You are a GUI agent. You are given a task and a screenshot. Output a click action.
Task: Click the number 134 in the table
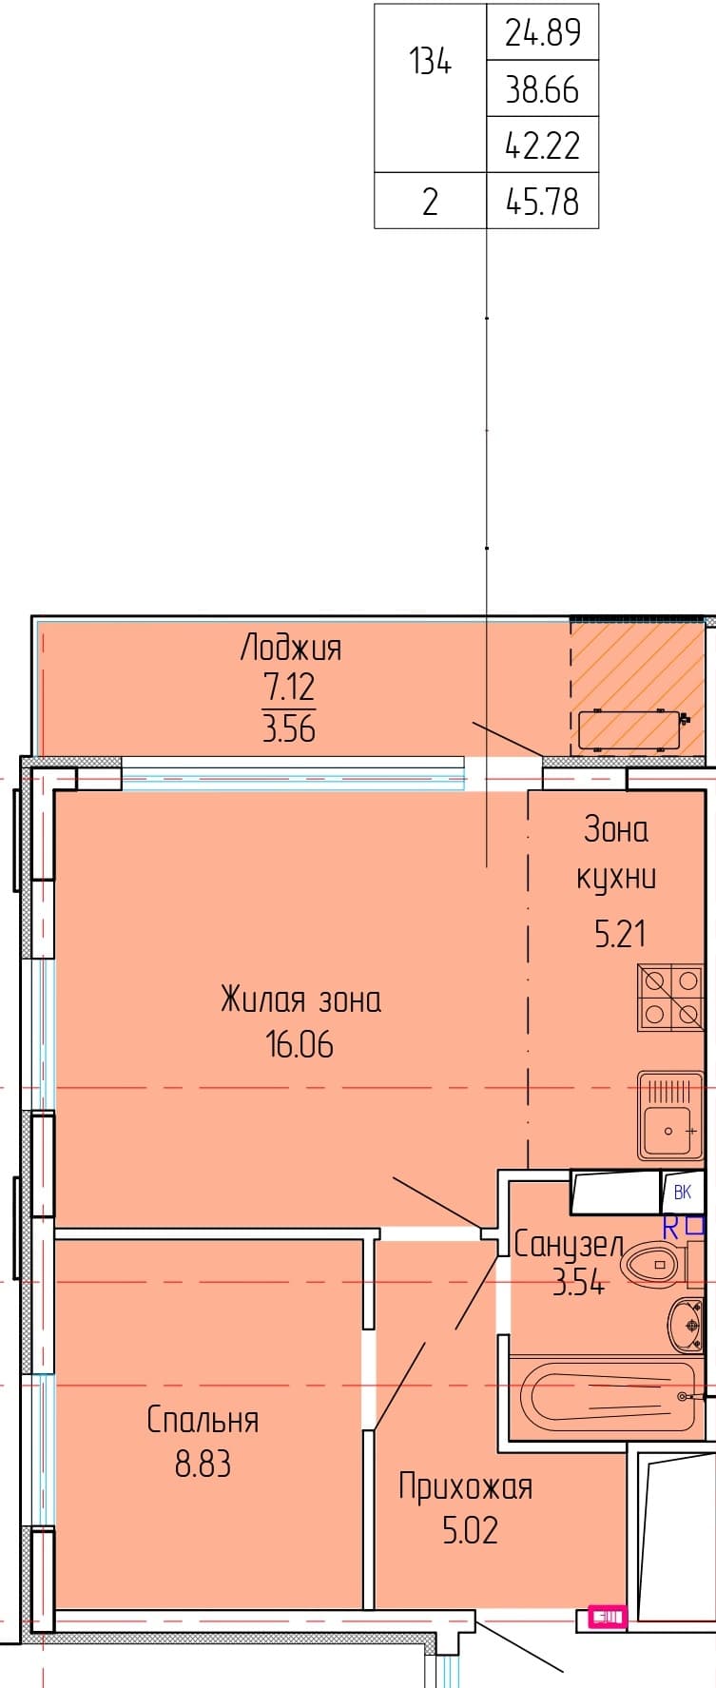(430, 63)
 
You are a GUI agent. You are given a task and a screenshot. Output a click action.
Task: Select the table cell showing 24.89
(542, 33)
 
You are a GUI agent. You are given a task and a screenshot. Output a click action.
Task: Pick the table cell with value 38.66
(542, 89)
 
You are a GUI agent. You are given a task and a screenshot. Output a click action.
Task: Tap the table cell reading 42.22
(542, 146)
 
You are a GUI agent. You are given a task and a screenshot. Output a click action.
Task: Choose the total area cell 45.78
(542, 202)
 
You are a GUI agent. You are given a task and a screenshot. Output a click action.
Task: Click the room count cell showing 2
(430, 202)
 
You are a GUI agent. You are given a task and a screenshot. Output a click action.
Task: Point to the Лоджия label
(290, 649)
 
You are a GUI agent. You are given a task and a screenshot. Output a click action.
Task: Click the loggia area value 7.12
(289, 688)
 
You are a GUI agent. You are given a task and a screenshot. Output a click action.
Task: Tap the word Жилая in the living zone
(263, 999)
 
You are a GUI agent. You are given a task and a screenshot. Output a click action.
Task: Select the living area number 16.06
(300, 1045)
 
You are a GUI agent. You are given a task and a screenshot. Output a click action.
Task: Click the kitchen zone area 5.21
(620, 934)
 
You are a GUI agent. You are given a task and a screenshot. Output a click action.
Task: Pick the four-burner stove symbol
(671, 998)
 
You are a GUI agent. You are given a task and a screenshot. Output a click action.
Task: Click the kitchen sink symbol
(671, 1116)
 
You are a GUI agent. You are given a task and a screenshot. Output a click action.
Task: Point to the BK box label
(683, 1193)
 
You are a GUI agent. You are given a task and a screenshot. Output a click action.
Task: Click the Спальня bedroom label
(203, 1421)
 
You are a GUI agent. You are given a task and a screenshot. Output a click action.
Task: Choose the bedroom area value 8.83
(203, 1465)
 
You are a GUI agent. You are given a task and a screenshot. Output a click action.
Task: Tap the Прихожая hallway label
(466, 1487)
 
